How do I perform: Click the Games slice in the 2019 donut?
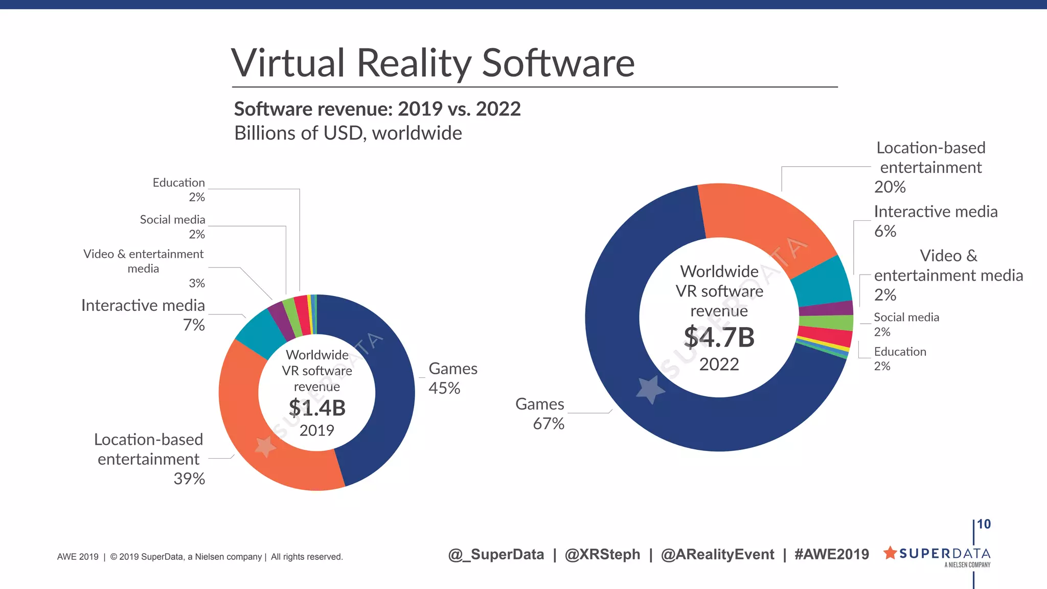point(394,389)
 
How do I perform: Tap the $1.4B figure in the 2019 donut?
point(317,408)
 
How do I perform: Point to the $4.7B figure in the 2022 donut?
point(719,337)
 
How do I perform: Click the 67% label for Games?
point(549,424)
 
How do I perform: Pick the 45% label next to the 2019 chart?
point(444,389)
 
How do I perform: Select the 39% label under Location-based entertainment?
point(189,479)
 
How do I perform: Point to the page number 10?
point(984,525)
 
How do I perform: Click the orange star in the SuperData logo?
point(890,553)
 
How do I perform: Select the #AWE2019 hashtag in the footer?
point(831,555)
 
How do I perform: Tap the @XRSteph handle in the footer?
point(602,555)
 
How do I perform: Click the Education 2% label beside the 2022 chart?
point(900,358)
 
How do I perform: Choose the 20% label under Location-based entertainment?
point(890,187)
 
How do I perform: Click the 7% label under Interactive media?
point(194,325)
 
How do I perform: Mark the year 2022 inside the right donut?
point(719,365)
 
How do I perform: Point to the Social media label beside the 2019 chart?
point(172,220)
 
